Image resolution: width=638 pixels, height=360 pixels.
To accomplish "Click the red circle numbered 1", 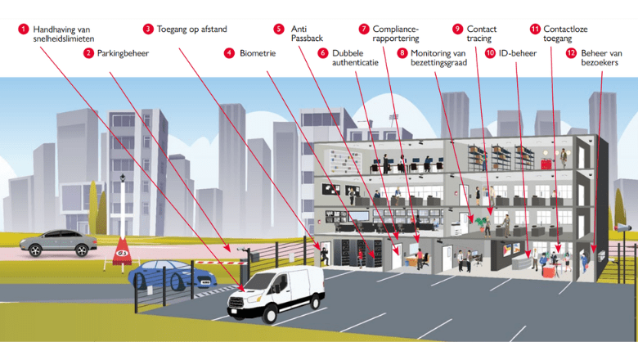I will click(23, 29).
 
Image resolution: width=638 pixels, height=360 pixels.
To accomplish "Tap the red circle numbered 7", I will click(363, 29).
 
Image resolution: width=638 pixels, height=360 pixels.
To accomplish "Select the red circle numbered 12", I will click(571, 53).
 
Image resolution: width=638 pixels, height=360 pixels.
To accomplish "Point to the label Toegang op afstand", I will click(191, 29).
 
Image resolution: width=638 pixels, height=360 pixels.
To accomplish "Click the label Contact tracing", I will click(481, 34).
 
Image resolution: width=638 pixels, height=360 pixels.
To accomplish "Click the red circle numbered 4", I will click(229, 53).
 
